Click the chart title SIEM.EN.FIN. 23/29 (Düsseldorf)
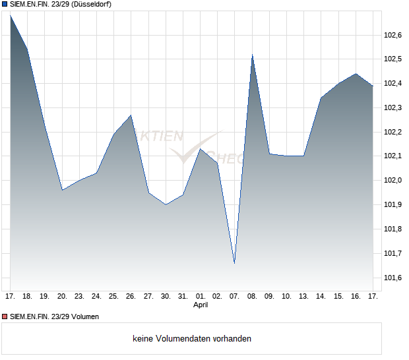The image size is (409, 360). (61, 5)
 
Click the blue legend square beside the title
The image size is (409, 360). (5, 5)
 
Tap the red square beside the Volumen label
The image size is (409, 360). (5, 316)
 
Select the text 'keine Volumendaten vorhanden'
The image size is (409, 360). (192, 339)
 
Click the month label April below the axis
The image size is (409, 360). (201, 305)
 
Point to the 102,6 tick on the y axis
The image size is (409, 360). (393, 35)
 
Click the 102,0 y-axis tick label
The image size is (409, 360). (393, 180)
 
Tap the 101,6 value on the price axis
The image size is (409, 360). (393, 278)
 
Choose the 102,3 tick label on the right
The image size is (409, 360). (393, 107)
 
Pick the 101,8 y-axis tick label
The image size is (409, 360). (393, 229)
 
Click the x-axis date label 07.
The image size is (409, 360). (235, 297)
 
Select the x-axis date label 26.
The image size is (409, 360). (131, 297)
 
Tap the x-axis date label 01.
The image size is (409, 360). (201, 297)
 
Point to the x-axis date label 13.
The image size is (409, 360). (304, 297)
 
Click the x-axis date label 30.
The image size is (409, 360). (166, 297)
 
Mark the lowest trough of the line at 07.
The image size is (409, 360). (235, 263)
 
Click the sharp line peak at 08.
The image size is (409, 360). (252, 55)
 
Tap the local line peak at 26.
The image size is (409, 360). (131, 115)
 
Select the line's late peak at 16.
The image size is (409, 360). (356, 74)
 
